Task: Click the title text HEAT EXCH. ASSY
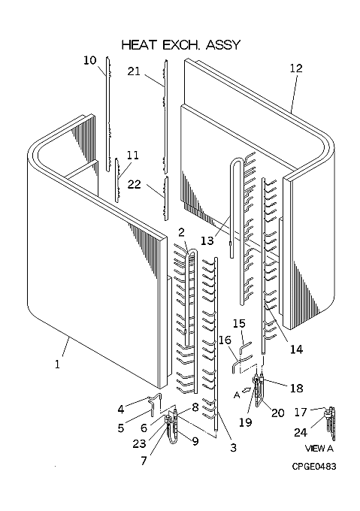coord(181,44)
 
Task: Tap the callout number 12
coord(296,68)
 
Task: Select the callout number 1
coord(57,364)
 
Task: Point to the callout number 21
coord(134,71)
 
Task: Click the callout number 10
coord(90,60)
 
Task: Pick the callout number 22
coord(135,184)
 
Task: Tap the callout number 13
coord(207,240)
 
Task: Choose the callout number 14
coord(296,349)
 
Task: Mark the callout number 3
coord(233,447)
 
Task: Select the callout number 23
coord(139,443)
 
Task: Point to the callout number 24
coord(301,432)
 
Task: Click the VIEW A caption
coord(319,449)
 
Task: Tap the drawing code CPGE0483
coord(313,467)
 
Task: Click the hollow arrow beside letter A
coord(247,389)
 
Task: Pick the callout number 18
coord(296,389)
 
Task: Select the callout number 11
coord(132,155)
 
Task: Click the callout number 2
coord(181,232)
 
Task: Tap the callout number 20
coord(277,413)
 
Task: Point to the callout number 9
coord(195,441)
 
